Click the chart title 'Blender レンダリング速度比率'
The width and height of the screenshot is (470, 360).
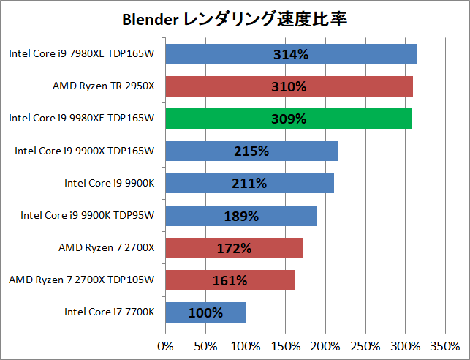[234, 20]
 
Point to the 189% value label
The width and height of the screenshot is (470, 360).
[241, 216]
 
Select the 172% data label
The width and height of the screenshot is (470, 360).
[234, 248]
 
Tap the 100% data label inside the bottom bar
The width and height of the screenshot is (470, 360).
[205, 312]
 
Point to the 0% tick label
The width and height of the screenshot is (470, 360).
[166, 344]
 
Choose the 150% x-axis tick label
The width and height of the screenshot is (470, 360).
[286, 344]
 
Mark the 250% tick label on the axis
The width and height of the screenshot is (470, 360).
[365, 344]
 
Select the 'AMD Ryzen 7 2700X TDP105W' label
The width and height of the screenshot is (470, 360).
[82, 280]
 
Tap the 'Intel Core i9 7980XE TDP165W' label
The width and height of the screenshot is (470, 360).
[82, 53]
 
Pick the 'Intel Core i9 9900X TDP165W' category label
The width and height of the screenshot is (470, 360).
[85, 151]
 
